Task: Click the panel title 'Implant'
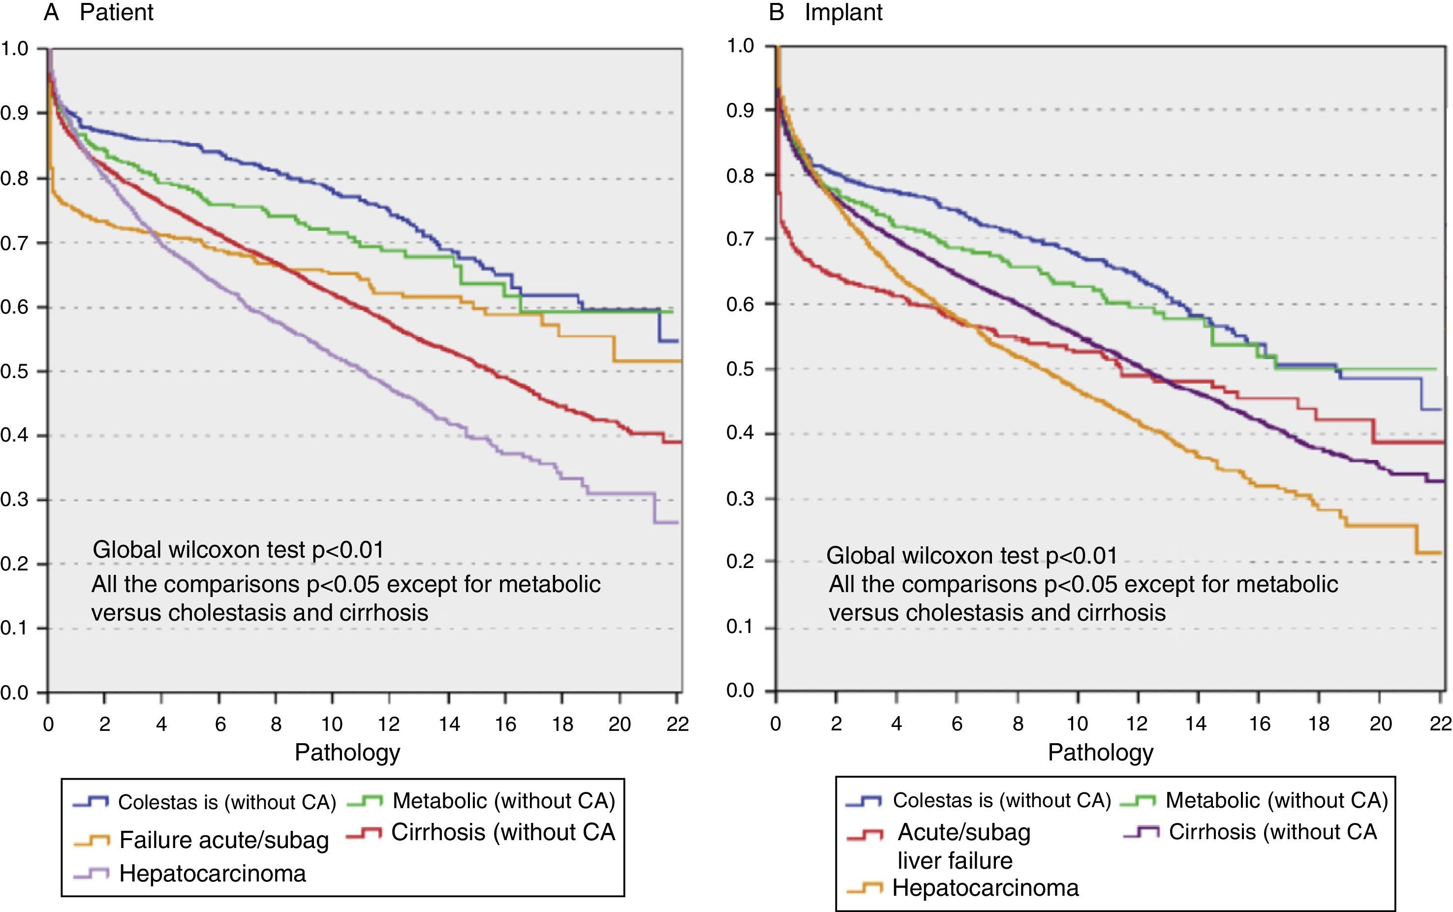[x=843, y=12]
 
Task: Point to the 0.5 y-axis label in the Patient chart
[x=14, y=371]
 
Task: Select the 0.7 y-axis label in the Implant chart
[x=741, y=239]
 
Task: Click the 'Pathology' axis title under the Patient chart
[x=347, y=753]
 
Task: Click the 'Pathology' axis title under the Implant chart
[x=1100, y=753]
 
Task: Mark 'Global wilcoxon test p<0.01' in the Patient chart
[x=238, y=549]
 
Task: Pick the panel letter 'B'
[x=776, y=12]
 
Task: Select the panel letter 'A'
[x=51, y=12]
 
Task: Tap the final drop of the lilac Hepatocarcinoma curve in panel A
[x=654, y=508]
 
